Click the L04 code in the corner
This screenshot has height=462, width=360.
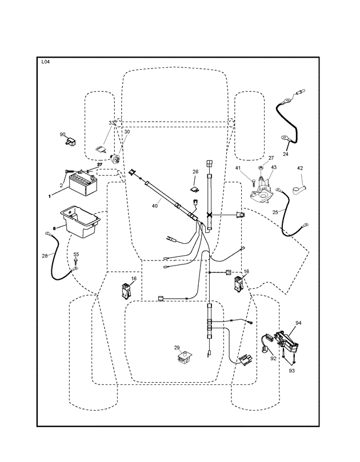click(x=45, y=62)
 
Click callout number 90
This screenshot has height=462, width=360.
click(x=62, y=134)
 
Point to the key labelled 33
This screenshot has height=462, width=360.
click(x=101, y=150)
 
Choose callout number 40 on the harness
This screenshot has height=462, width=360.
click(x=155, y=206)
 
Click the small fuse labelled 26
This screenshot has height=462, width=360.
click(x=194, y=190)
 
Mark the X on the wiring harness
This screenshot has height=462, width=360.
click(x=210, y=215)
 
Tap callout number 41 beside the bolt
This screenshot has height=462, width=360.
click(x=238, y=168)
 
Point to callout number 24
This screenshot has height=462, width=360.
click(x=285, y=154)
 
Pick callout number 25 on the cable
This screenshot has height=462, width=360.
click(x=275, y=211)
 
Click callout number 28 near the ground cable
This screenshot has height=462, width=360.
click(x=45, y=256)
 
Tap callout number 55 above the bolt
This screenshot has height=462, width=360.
click(x=76, y=254)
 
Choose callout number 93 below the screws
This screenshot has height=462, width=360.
click(x=291, y=371)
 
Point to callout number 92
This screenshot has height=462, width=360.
click(x=273, y=359)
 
